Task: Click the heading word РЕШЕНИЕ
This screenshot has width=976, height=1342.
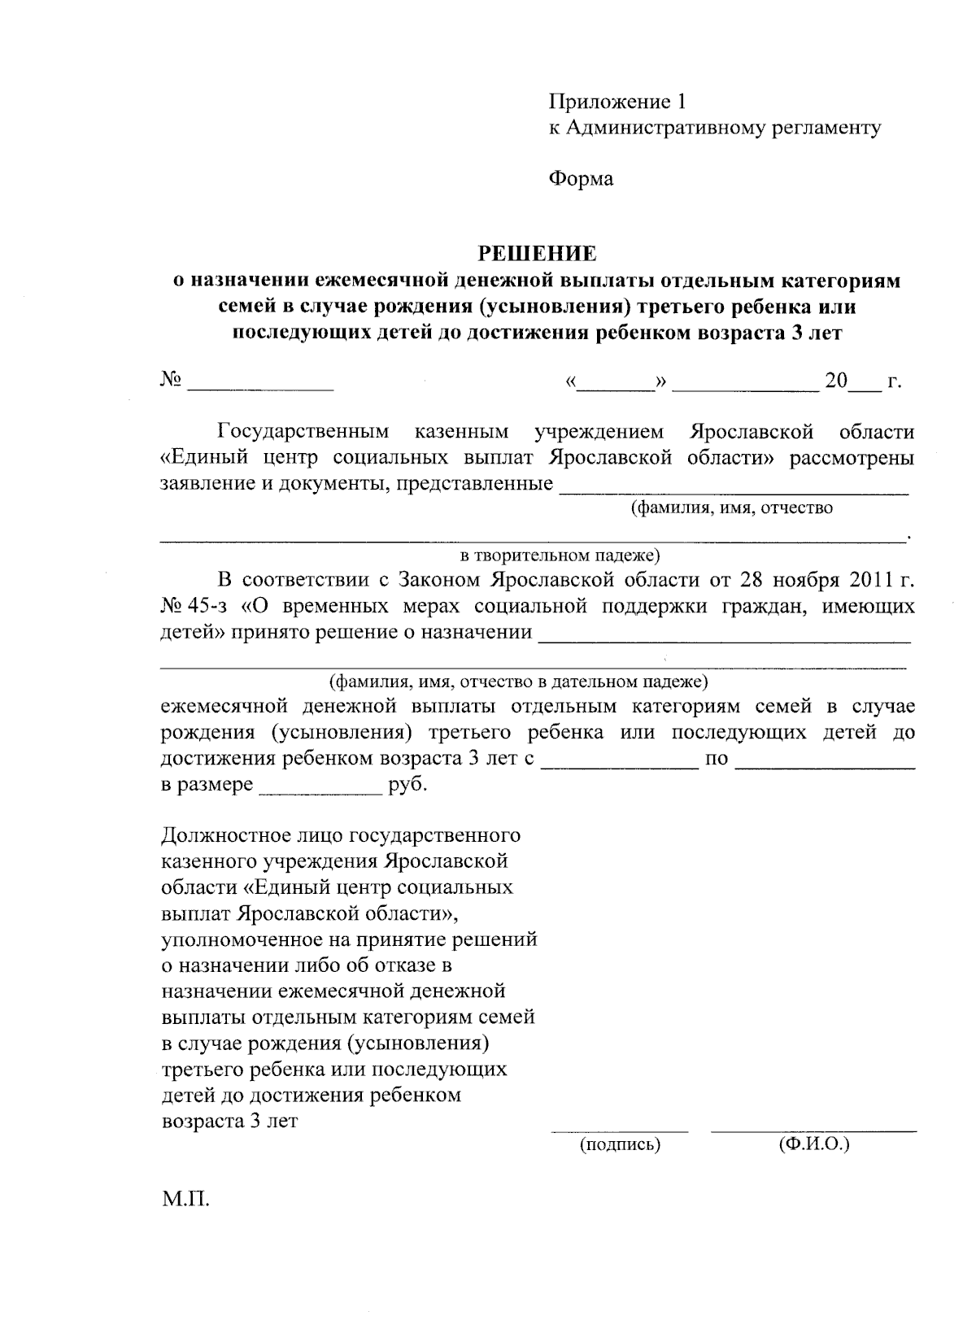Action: pyautogui.click(x=536, y=254)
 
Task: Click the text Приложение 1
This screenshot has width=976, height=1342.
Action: pyautogui.click(x=618, y=102)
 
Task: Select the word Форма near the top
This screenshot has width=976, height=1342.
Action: pyautogui.click(x=581, y=178)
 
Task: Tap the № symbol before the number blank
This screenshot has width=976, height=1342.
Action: pyautogui.click(x=171, y=380)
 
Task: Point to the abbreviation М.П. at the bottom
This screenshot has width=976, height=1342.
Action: pyautogui.click(x=186, y=1199)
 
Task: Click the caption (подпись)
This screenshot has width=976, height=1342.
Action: pyautogui.click(x=619, y=1144)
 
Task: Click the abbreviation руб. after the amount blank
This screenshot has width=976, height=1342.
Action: pyautogui.click(x=408, y=786)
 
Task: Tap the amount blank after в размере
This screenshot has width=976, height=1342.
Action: pyautogui.click(x=320, y=791)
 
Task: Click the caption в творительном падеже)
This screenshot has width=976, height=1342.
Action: pyautogui.click(x=560, y=556)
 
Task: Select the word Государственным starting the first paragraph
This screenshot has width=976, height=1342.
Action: pyautogui.click(x=303, y=430)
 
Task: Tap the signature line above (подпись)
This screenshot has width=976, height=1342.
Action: pyautogui.click(x=619, y=1131)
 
